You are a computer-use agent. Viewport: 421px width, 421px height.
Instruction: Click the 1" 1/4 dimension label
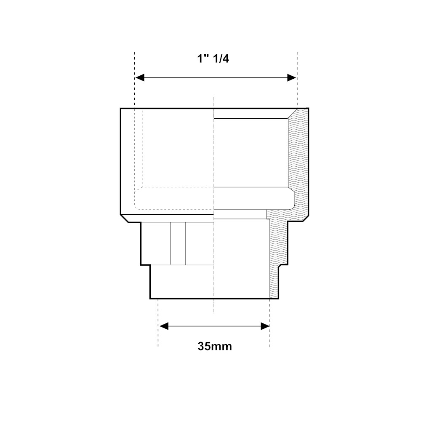[213, 59]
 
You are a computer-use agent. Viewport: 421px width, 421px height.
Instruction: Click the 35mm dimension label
[215, 346]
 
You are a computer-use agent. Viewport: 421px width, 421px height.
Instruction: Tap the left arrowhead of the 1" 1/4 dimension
[140, 78]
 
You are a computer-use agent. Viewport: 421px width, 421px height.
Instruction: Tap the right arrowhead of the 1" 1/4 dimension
[292, 78]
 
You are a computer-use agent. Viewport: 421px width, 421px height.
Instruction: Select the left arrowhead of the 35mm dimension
[164, 327]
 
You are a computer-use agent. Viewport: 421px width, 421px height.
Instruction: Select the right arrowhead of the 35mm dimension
[265, 327]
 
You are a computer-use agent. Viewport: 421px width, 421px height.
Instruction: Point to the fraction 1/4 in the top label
[221, 59]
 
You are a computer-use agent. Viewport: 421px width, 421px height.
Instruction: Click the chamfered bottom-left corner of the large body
[125, 218]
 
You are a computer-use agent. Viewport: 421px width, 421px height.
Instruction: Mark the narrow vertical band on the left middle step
[178, 243]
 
